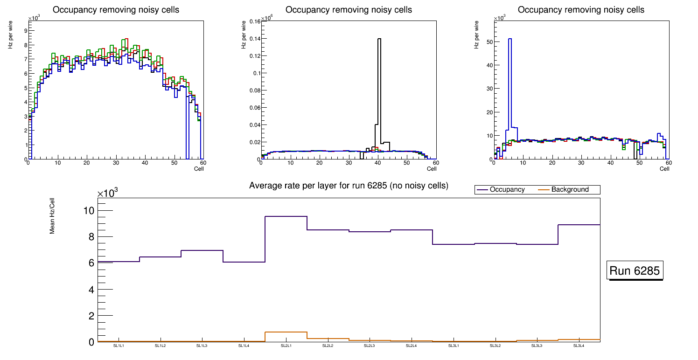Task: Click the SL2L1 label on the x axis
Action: coord(286,346)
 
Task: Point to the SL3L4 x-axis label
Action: coord(579,346)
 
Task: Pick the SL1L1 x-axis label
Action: coord(119,346)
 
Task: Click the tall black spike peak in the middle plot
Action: coord(379,39)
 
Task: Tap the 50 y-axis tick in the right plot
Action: coord(490,42)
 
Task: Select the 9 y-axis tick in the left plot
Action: coord(25,30)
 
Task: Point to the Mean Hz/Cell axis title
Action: coord(52,215)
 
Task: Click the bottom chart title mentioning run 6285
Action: coord(349,186)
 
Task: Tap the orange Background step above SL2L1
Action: coord(286,332)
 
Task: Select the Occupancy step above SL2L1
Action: coord(286,216)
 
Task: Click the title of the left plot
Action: coord(116,10)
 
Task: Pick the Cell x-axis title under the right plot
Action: coord(664,169)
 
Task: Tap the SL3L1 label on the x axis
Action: coord(454,346)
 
